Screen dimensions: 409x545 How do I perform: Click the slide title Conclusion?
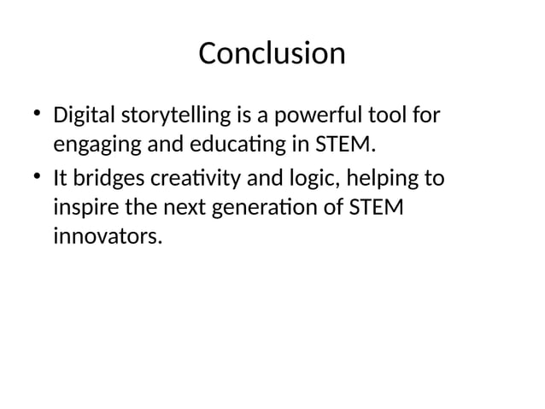coord(272,54)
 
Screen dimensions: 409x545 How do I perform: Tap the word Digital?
coord(85,116)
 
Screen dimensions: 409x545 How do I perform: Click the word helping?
coord(378,179)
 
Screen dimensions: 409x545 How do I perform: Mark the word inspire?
coord(84,208)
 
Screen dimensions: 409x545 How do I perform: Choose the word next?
coord(172,208)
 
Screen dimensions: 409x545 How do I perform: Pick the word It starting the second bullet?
coord(61,179)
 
